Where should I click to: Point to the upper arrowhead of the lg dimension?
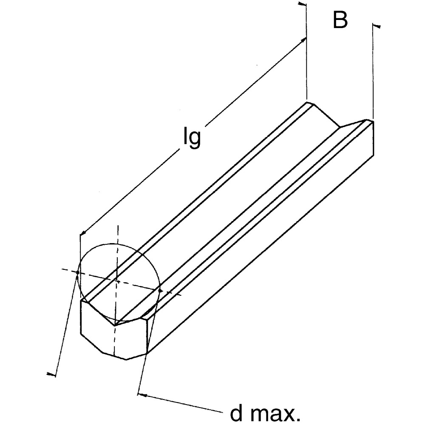click(303, 39)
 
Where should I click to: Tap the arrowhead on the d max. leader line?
click(143, 396)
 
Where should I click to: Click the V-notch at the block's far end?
click(339, 127)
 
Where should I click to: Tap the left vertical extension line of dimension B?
click(306, 55)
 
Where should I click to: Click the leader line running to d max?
click(183, 404)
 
